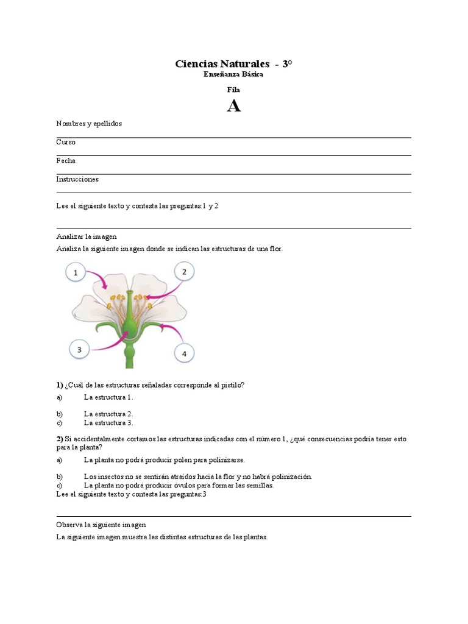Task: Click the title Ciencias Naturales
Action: [222, 64]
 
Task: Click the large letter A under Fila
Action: [233, 106]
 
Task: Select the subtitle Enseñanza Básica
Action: [233, 74]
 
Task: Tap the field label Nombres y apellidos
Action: [89, 124]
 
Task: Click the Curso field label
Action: [66, 142]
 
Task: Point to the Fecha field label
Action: [66, 161]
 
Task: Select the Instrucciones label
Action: [77, 179]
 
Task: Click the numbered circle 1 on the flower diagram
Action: [76, 273]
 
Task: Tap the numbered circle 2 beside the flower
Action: [184, 272]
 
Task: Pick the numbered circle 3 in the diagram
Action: [79, 349]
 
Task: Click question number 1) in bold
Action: [60, 385]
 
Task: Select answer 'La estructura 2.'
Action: [108, 414]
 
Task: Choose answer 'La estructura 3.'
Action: [108, 422]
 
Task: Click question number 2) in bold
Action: [60, 439]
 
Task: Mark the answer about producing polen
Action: [165, 459]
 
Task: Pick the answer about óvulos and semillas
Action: [179, 486]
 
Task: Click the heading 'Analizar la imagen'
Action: [86, 236]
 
